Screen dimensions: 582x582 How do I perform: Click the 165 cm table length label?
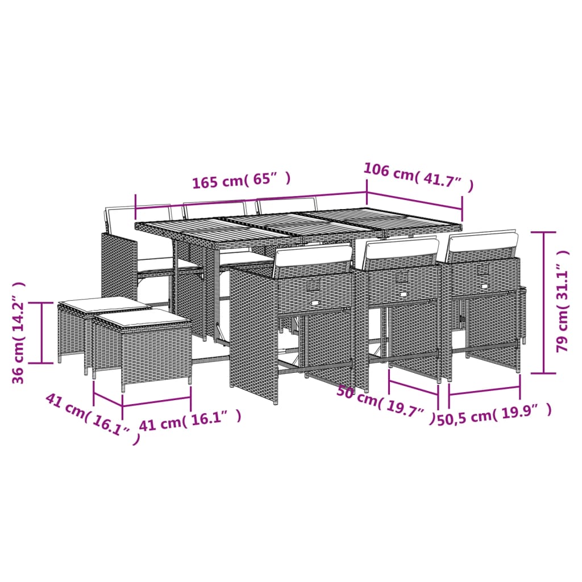(x=242, y=180)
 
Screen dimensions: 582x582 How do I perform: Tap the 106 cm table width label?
(x=418, y=177)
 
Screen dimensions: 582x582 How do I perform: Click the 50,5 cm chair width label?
(x=494, y=414)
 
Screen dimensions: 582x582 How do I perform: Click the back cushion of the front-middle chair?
(x=401, y=249)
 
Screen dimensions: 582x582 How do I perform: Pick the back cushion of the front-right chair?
(x=483, y=241)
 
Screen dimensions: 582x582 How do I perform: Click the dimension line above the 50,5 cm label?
(x=484, y=391)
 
